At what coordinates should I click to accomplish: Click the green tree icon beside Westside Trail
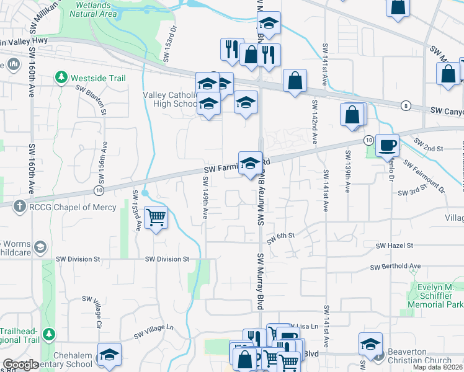coord(61,77)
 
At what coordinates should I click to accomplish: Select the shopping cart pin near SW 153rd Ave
coord(156,217)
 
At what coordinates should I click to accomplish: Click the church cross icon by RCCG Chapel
coord(20,206)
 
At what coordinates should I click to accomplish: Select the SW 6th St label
coord(280,236)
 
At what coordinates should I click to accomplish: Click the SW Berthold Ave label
coord(395,267)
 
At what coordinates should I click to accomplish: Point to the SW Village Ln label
coord(154,331)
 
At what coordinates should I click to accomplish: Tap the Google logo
coord(21,365)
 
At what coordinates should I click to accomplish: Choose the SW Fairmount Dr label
coord(424,175)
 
